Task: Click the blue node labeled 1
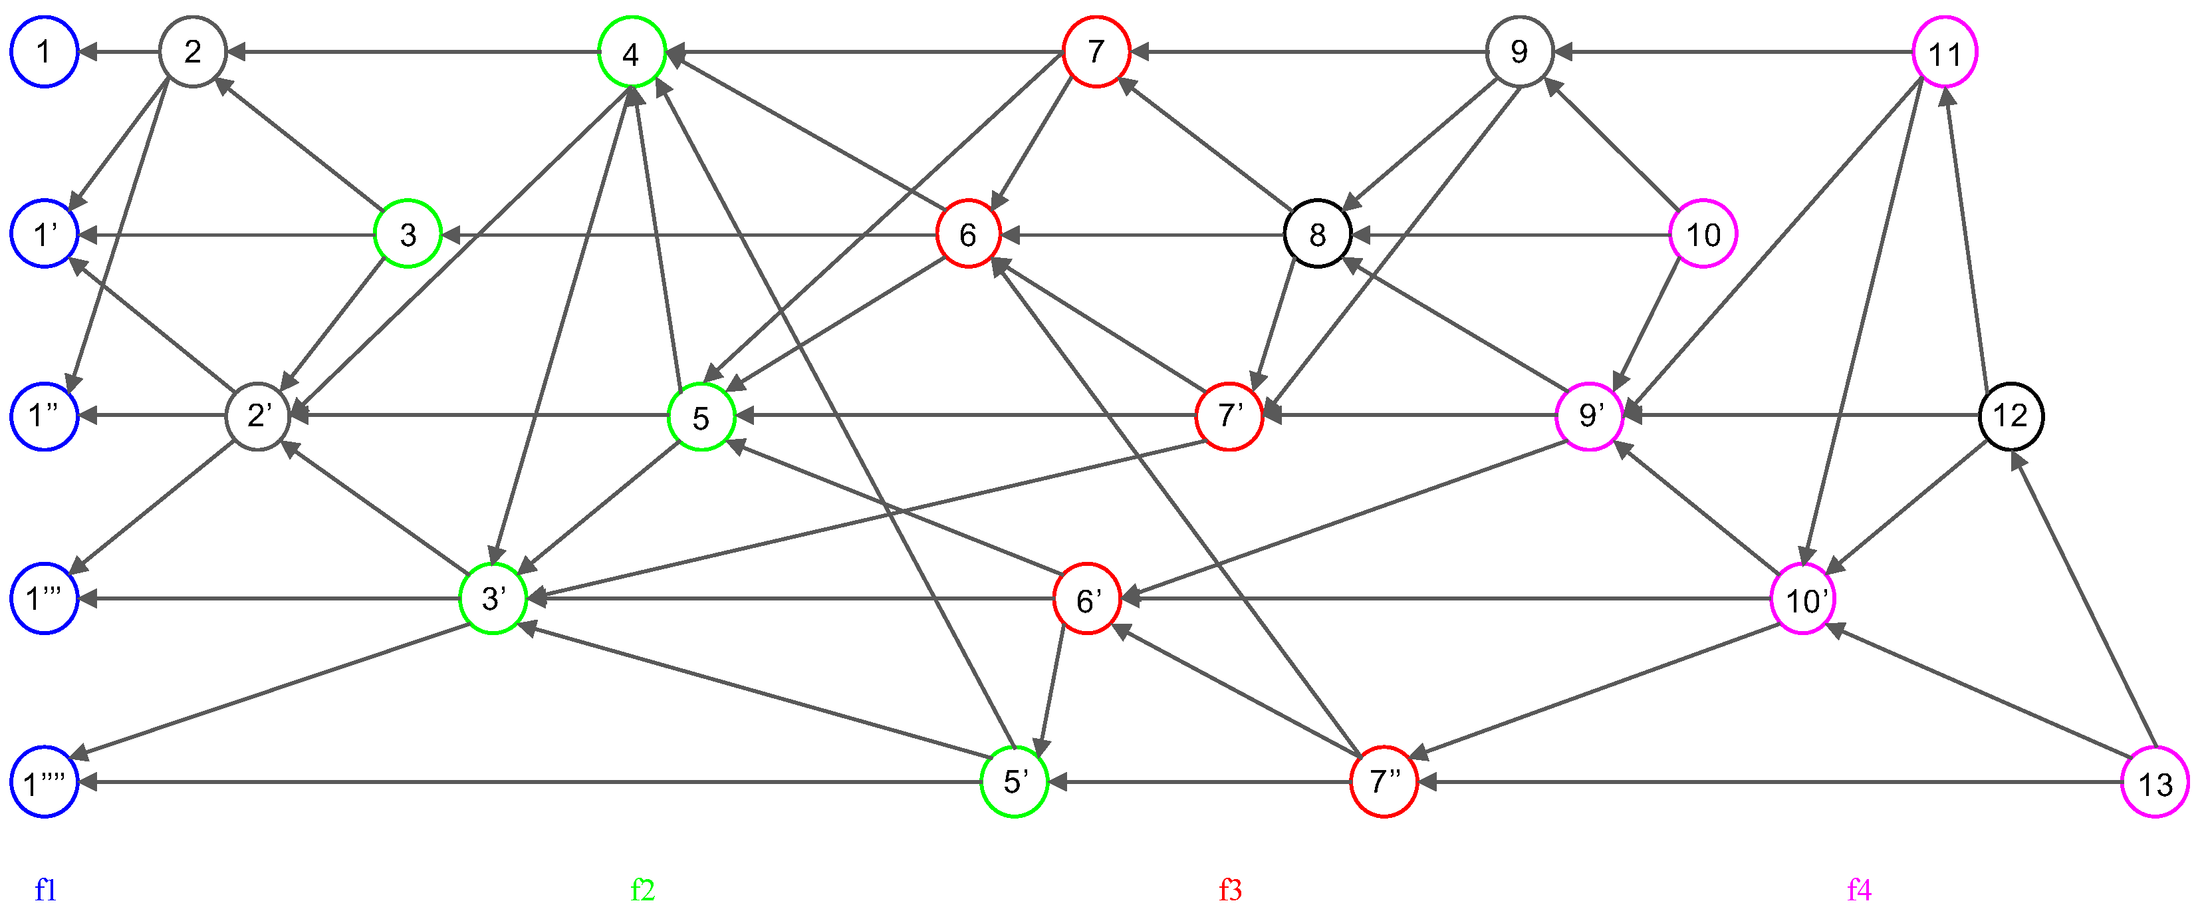click(x=45, y=51)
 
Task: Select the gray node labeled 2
click(x=193, y=51)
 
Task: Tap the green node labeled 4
click(x=632, y=52)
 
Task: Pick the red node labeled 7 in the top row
click(x=1096, y=51)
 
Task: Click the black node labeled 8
click(x=1318, y=233)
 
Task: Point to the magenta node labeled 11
click(x=1945, y=52)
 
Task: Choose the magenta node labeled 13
click(x=2155, y=782)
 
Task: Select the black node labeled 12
click(x=2011, y=416)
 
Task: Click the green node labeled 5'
click(x=1014, y=782)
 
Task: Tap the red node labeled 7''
click(x=1384, y=782)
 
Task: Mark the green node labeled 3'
click(x=493, y=598)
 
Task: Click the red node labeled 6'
click(x=1086, y=598)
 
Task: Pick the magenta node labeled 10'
click(x=1804, y=598)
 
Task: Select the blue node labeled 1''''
click(x=45, y=782)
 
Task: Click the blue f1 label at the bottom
click(x=45, y=890)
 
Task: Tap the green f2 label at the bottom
click(x=642, y=890)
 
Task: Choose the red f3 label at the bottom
click(x=1231, y=890)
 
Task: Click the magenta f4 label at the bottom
click(x=1859, y=890)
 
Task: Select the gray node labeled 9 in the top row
click(x=1519, y=51)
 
